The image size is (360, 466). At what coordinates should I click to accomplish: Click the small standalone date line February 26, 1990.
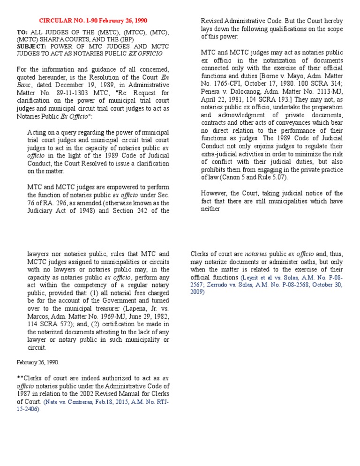(38, 362)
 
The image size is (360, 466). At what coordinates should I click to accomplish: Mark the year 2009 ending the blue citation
(197, 292)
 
